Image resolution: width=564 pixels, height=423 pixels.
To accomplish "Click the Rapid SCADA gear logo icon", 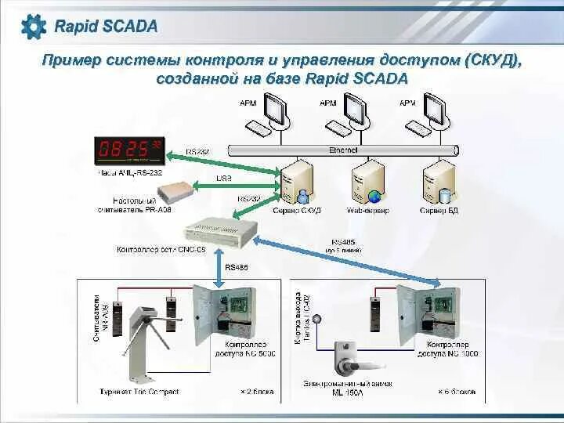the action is pyautogui.click(x=34, y=27).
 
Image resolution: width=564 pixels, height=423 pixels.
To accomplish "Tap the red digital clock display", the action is pyautogui.click(x=128, y=150).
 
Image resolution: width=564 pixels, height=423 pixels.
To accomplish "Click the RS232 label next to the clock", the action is pyautogui.click(x=197, y=151).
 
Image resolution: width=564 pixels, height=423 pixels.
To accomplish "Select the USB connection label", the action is pyautogui.click(x=223, y=178).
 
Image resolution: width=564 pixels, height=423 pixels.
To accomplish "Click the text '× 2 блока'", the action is pyautogui.click(x=259, y=392).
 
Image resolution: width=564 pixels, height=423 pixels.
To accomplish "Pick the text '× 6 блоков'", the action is pyautogui.click(x=457, y=392).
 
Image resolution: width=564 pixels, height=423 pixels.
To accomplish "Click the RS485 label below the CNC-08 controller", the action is pyautogui.click(x=236, y=268).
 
